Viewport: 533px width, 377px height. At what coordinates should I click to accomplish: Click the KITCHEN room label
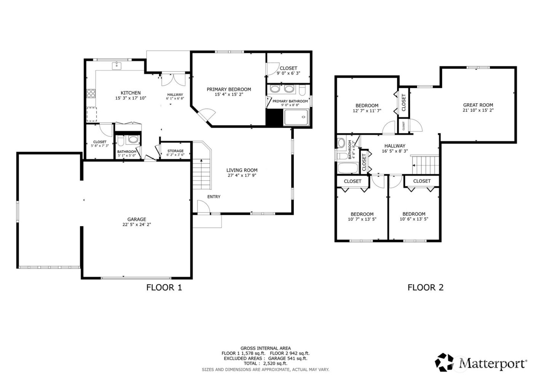pyautogui.click(x=131, y=93)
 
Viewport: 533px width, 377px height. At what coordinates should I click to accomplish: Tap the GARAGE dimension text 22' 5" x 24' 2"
pyautogui.click(x=137, y=225)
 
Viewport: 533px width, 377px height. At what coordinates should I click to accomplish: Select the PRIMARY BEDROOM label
pyautogui.click(x=229, y=89)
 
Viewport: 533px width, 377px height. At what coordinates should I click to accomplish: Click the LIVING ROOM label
pyautogui.click(x=242, y=170)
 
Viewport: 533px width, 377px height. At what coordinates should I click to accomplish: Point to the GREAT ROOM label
pyautogui.click(x=478, y=105)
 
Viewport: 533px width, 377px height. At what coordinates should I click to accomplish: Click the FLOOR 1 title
pyautogui.click(x=164, y=287)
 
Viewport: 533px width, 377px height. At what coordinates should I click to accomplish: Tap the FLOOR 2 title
pyautogui.click(x=425, y=287)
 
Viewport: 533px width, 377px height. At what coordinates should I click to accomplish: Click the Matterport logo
pyautogui.click(x=481, y=362)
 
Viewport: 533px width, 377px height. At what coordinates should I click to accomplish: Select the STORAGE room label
pyautogui.click(x=175, y=151)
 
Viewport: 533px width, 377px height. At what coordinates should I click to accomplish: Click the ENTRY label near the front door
pyautogui.click(x=214, y=197)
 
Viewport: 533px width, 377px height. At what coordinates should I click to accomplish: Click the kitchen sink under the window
pyautogui.click(x=116, y=66)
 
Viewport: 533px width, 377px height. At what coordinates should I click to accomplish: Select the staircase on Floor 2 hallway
pyautogui.click(x=427, y=164)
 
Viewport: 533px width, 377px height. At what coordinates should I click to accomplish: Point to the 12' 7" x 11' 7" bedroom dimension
pyautogui.click(x=367, y=111)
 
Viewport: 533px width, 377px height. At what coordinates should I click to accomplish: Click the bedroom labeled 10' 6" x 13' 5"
pyautogui.click(x=414, y=217)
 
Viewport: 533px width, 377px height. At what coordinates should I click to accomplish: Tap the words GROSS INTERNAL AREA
pyautogui.click(x=265, y=348)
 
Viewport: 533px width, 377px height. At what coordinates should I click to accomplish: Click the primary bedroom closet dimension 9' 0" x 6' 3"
pyautogui.click(x=288, y=73)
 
